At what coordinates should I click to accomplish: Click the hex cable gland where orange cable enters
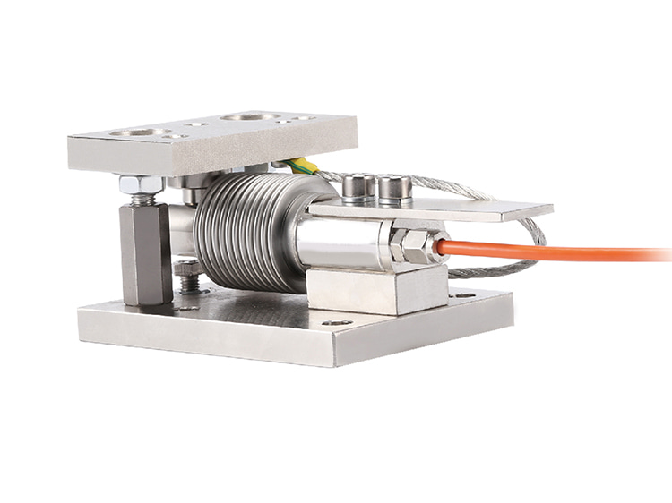[x=411, y=245]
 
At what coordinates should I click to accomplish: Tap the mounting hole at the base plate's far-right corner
[x=463, y=294]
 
